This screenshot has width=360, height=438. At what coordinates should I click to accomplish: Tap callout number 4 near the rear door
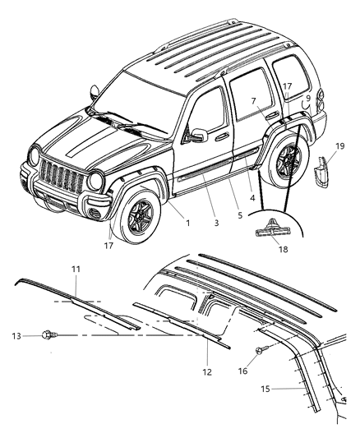pyautogui.click(x=252, y=197)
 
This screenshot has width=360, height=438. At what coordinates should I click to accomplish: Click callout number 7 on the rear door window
pyautogui.click(x=254, y=101)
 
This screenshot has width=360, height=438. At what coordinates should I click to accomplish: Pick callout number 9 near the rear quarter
pyautogui.click(x=307, y=99)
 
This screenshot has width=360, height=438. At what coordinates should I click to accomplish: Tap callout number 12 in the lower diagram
pyautogui.click(x=207, y=371)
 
